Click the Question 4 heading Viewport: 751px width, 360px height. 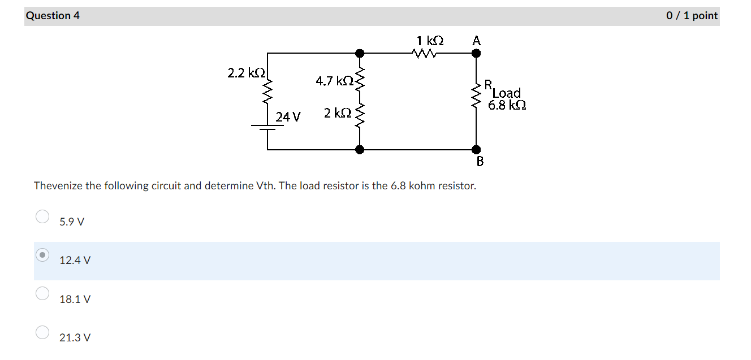click(x=53, y=16)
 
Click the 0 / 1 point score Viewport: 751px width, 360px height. click(x=692, y=16)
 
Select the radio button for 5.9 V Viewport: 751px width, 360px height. click(x=42, y=217)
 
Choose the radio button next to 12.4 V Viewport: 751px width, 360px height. click(x=42, y=255)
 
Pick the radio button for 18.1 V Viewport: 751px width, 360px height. click(x=42, y=293)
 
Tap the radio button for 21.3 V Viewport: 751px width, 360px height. click(x=42, y=332)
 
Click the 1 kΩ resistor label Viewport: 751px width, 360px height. click(x=430, y=41)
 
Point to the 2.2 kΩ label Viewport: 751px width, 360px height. click(x=246, y=73)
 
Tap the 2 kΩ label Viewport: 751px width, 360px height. click(x=338, y=113)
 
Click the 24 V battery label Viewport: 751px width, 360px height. click(x=288, y=117)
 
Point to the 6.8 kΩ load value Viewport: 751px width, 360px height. click(x=507, y=105)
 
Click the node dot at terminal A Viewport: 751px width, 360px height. click(x=476, y=54)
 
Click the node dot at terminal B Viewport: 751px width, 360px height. click(x=476, y=150)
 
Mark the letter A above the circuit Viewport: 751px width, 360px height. click(x=476, y=41)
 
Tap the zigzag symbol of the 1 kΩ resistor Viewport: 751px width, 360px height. click(x=425, y=54)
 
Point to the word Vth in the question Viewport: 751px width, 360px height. click(x=265, y=186)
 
